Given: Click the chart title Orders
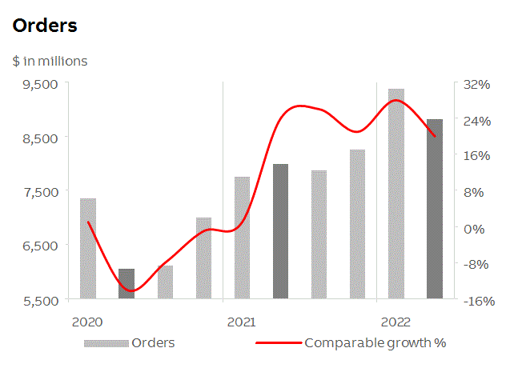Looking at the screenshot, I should pyautogui.click(x=45, y=26).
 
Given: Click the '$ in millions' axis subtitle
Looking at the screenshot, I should pyautogui.click(x=50, y=61).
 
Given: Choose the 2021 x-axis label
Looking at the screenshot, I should pyautogui.click(x=242, y=322).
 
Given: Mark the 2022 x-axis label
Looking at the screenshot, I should pyautogui.click(x=396, y=322).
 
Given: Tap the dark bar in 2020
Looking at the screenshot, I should pyautogui.click(x=126, y=284).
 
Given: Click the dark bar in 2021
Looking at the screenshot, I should pyautogui.click(x=280, y=232).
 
